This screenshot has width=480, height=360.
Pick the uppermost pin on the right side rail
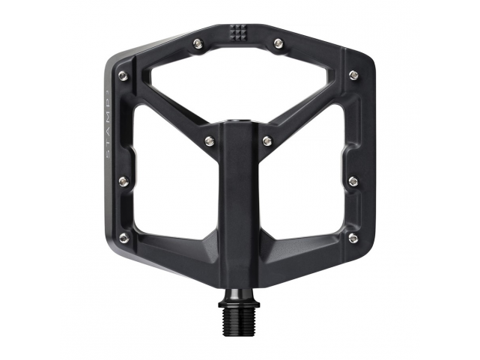coord(352,75)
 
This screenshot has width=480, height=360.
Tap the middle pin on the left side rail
coord(124,180)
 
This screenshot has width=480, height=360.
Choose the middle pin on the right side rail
coord(353,180)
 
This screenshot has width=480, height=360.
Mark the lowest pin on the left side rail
coord(124,237)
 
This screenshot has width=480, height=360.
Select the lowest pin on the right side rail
coord(353,237)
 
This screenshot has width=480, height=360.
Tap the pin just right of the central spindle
coord(267,139)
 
